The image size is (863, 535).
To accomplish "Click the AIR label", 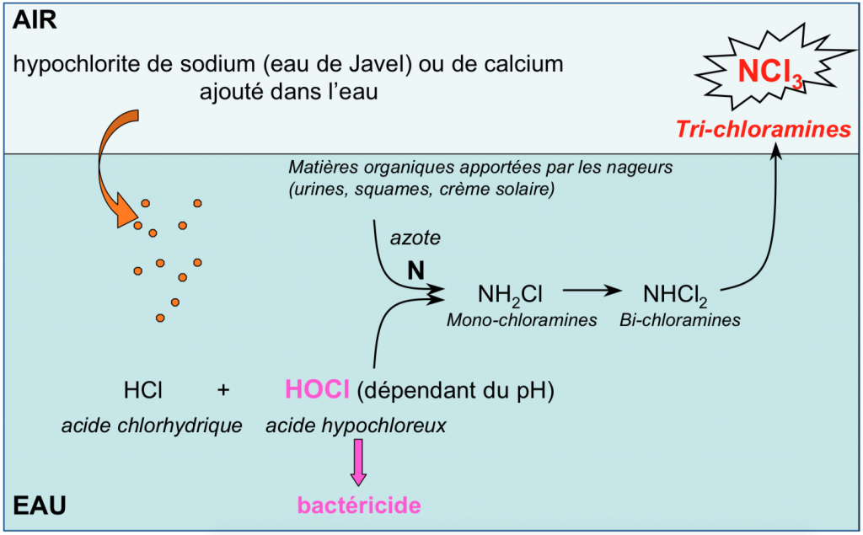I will coord(35,20).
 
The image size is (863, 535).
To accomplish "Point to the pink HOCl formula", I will coord(318,390).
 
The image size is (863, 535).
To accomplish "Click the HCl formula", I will coord(142,391).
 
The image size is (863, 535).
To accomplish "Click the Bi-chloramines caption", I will coord(680,320).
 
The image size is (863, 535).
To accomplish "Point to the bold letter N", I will coord(415,270).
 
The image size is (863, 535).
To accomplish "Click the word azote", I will coord(415,240).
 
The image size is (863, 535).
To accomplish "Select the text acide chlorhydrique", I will coord(152,426).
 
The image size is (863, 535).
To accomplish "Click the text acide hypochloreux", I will coord(356,426).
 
